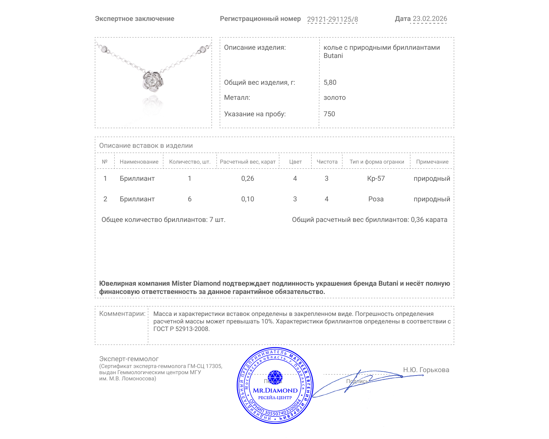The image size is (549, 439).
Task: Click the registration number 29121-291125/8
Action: click(x=332, y=19)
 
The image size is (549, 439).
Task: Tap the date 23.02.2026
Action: click(x=430, y=19)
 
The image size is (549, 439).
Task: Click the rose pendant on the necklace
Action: click(x=153, y=81)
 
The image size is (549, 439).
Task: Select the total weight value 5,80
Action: click(x=330, y=82)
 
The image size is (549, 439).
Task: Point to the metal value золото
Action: click(x=335, y=97)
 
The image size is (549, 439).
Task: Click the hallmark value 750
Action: click(x=329, y=114)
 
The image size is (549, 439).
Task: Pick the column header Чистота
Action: click(x=327, y=162)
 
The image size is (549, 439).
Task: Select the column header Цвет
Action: click(x=295, y=162)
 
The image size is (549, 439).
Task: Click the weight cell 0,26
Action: click(x=247, y=178)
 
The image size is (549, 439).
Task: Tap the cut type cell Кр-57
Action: click(x=376, y=178)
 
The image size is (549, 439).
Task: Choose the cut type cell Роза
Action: click(x=376, y=199)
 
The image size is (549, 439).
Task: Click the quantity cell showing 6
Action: click(x=189, y=199)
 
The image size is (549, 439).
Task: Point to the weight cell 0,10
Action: click(x=247, y=199)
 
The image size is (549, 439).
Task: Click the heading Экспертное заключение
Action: click(x=135, y=19)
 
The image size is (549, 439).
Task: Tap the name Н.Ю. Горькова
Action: click(x=426, y=370)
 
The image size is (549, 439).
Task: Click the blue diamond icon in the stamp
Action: click(x=275, y=377)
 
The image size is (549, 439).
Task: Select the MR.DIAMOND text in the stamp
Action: click(x=275, y=390)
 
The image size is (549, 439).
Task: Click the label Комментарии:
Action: click(x=122, y=313)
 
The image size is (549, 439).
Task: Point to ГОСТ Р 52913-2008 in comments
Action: click(x=181, y=329)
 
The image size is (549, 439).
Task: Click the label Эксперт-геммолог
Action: click(x=129, y=359)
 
